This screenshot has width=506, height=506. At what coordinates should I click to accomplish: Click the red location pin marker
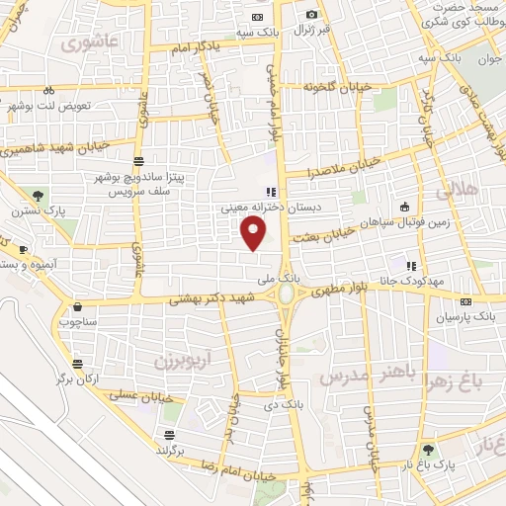tap(254, 234)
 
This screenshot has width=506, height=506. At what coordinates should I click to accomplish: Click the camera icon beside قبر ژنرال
tap(312, 15)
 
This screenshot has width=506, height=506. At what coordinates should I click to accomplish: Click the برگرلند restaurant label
tap(171, 450)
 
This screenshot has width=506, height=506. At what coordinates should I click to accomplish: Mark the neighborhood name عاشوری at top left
tap(88, 42)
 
